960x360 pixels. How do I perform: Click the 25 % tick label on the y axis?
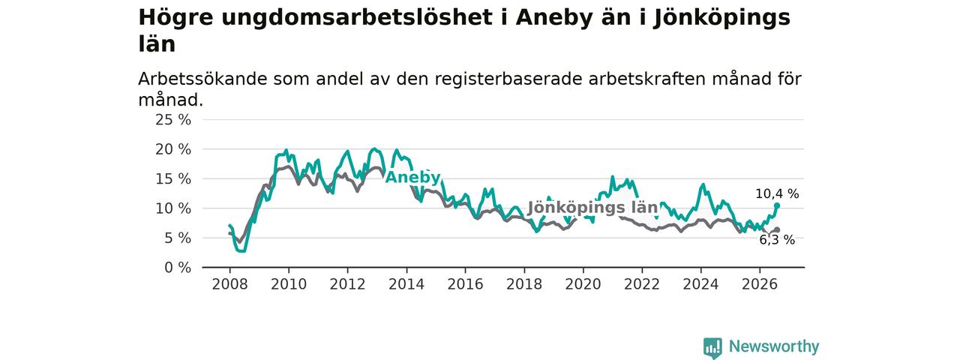tap(173, 119)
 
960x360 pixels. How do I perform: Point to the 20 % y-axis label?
tap(173, 149)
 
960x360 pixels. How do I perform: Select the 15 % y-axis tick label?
tap(173, 178)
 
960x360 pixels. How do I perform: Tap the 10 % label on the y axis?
tap(173, 208)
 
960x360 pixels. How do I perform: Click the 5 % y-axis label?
tap(178, 238)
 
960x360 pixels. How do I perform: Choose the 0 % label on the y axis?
tap(178, 268)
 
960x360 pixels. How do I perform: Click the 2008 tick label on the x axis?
tap(229, 284)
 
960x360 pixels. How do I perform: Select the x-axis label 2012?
tap(347, 284)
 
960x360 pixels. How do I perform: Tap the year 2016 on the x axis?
tap(466, 284)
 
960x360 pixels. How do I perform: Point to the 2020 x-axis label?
tap(583, 284)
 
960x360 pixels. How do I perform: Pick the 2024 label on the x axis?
tap(701, 284)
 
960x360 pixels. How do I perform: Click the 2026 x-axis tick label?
tap(760, 284)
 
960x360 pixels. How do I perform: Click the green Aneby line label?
tap(412, 178)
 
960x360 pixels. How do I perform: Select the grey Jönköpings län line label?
tap(592, 208)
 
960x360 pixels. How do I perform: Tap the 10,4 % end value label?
tap(777, 194)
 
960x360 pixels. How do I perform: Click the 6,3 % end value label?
tap(777, 240)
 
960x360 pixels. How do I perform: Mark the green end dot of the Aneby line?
tap(777, 205)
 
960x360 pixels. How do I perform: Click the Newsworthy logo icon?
tap(712, 347)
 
